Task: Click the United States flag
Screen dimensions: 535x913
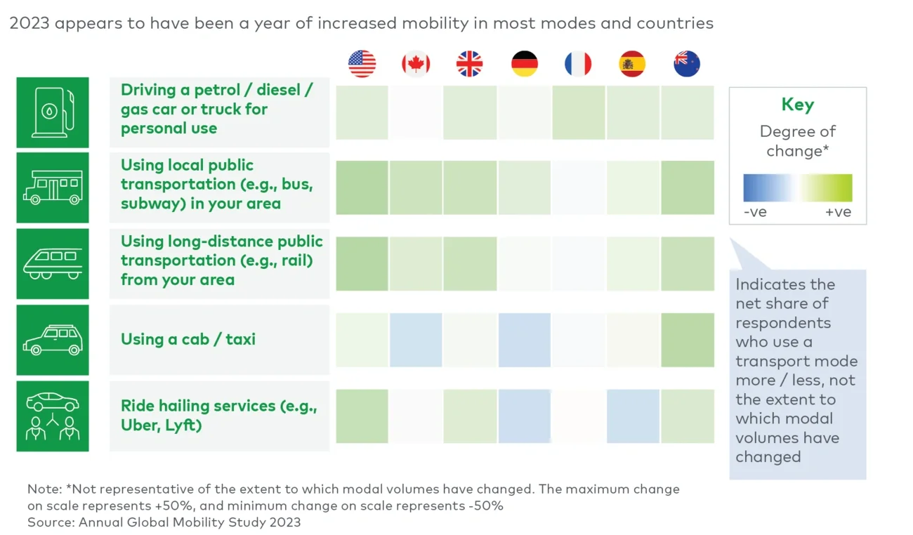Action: (x=362, y=64)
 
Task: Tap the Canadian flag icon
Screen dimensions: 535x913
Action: (x=416, y=64)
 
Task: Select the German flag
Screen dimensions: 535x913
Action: (x=524, y=64)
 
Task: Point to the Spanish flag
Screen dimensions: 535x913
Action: (x=632, y=64)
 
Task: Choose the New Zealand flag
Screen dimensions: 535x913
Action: (x=686, y=64)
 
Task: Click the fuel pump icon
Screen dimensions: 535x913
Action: (x=53, y=112)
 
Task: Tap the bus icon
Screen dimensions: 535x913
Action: (x=53, y=188)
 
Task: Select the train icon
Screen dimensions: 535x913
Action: (x=53, y=264)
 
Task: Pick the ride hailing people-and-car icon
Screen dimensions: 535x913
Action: (x=53, y=416)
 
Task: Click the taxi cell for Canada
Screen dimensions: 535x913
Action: (x=416, y=340)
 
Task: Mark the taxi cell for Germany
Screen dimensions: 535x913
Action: (x=524, y=340)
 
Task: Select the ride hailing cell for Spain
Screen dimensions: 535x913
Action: (x=633, y=416)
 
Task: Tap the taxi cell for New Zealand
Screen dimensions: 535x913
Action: (x=687, y=340)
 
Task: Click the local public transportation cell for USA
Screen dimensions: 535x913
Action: (x=362, y=187)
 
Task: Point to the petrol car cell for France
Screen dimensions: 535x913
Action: (x=579, y=112)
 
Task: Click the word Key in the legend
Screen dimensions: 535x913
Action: (x=797, y=105)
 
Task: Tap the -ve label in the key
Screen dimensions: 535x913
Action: (x=755, y=212)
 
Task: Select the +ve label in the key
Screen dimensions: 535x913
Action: (x=838, y=212)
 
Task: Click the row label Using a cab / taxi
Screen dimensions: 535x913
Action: (x=188, y=340)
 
